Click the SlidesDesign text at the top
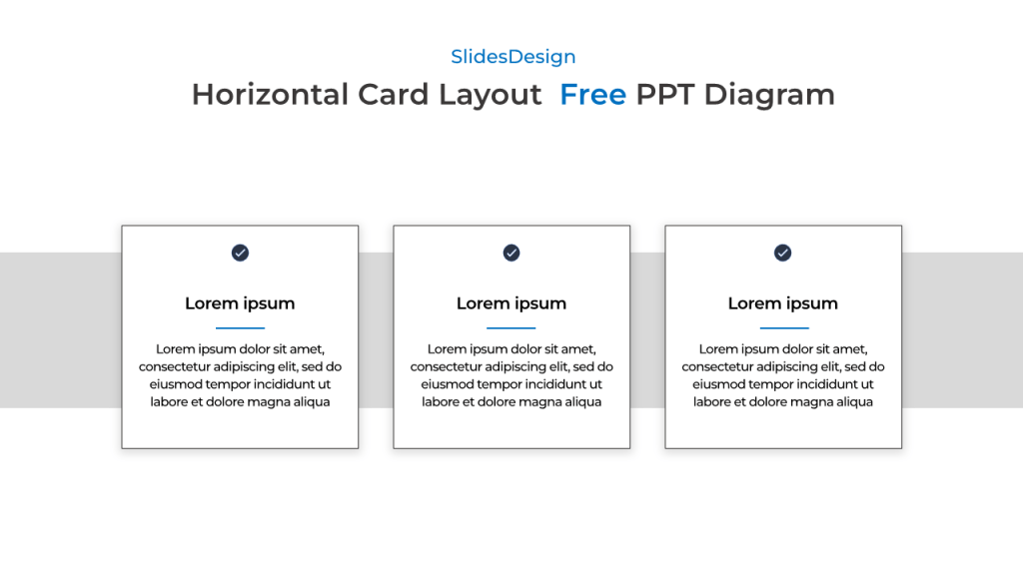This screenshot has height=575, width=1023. click(512, 57)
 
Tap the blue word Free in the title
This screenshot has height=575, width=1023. click(592, 95)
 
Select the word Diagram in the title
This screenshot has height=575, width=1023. click(769, 95)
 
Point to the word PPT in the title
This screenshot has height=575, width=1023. click(665, 95)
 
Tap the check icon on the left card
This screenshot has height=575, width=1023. click(240, 253)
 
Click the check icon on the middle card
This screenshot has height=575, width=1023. click(511, 253)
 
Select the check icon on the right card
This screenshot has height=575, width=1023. click(782, 253)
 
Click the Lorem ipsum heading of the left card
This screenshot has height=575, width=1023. click(240, 303)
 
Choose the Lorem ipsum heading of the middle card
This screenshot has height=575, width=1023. click(511, 303)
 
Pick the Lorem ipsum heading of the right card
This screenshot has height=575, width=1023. click(782, 303)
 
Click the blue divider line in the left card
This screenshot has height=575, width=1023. click(240, 327)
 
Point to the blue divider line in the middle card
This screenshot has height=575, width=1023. click(511, 327)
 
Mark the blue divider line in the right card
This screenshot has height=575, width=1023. click(783, 327)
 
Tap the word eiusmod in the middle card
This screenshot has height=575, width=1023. click(451, 384)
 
